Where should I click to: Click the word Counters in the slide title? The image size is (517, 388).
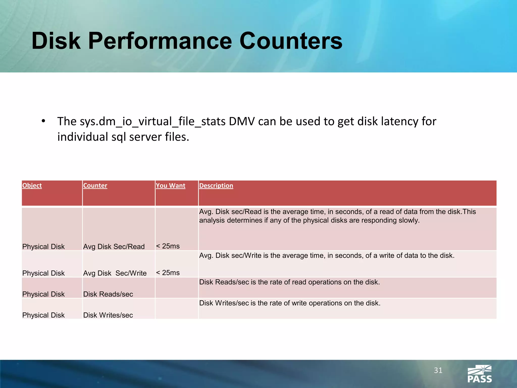tap(291, 41)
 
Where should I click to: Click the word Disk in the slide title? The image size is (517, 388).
tap(56, 41)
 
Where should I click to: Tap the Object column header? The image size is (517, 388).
tap(32, 186)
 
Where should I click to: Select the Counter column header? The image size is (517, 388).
tap(95, 186)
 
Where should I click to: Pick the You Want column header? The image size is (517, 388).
tap(170, 186)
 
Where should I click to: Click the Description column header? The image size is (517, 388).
tap(216, 186)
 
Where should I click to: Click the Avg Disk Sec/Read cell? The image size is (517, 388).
tap(114, 247)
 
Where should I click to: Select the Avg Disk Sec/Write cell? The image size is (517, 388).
tap(115, 273)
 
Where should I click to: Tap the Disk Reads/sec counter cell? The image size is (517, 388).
tap(108, 294)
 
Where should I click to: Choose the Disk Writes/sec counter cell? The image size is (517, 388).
tap(108, 315)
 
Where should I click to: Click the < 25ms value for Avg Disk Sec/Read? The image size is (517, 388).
tap(168, 246)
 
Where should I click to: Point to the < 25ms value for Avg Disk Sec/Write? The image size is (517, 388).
tap(168, 273)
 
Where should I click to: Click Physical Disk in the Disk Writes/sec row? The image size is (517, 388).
tap(43, 315)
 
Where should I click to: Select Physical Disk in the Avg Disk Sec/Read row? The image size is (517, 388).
tap(43, 247)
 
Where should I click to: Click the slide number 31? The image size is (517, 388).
tap(438, 370)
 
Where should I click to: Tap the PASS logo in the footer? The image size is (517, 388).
tap(479, 374)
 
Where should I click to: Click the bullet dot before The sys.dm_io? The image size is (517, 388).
tap(43, 121)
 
